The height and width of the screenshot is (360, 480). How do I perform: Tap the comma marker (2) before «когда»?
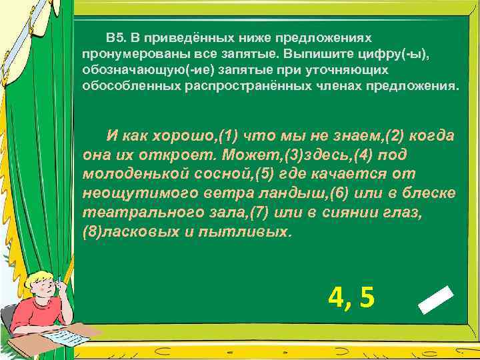pyautogui.click(x=392, y=136)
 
